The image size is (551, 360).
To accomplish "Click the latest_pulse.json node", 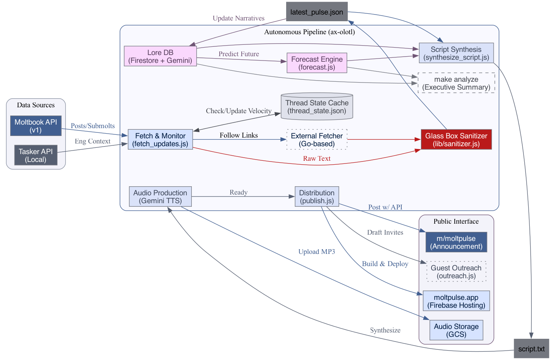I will [x=316, y=12].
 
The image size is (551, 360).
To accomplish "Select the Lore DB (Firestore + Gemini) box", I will [x=160, y=56].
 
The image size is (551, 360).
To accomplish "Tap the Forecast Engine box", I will [x=317, y=63].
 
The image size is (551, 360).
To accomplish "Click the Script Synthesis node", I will [x=456, y=53].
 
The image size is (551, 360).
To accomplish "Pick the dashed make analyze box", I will [x=456, y=83].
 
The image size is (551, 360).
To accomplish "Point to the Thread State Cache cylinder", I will [x=317, y=107].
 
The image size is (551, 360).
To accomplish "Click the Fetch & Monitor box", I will [x=160, y=140].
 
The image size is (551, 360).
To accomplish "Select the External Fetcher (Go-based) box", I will [x=317, y=140].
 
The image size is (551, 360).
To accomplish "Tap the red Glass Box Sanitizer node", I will [x=456, y=140].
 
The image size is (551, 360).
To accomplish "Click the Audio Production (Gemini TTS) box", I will [x=160, y=197].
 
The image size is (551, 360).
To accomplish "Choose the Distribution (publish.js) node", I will [x=317, y=197].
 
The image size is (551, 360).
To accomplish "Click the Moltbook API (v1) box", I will [x=36, y=126].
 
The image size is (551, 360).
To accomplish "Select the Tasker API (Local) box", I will [x=36, y=155].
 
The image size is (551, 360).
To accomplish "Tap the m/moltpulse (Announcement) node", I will [x=456, y=242].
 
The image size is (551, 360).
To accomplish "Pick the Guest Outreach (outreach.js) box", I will [x=456, y=272].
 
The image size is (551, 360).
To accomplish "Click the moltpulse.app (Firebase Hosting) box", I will [x=456, y=301].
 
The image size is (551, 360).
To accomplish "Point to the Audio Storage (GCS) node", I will [x=456, y=330].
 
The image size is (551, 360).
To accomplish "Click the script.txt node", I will [x=531, y=349].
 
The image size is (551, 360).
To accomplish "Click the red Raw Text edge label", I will [x=317, y=158].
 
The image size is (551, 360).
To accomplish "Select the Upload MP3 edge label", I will [x=316, y=252].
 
